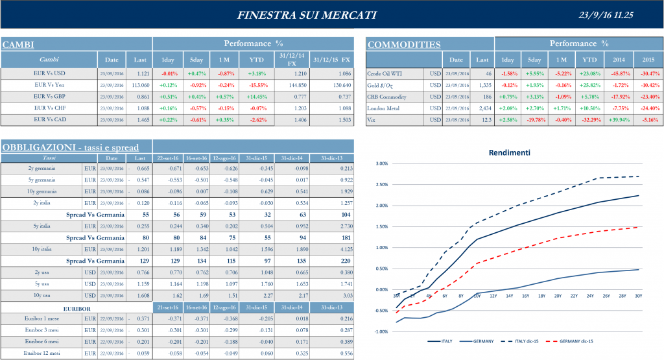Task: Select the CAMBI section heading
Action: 18,45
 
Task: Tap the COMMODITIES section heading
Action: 404,45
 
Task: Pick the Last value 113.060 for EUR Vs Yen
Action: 140,84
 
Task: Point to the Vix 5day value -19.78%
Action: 535,120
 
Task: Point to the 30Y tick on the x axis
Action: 639,296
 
